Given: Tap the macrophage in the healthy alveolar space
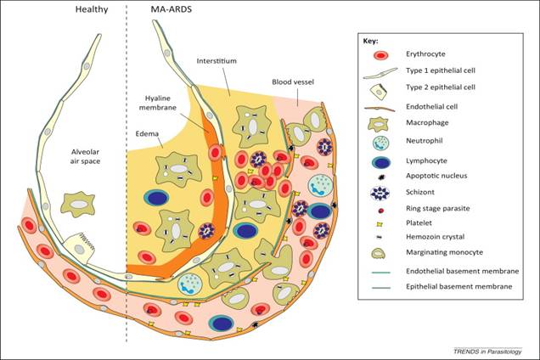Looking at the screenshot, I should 79,204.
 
